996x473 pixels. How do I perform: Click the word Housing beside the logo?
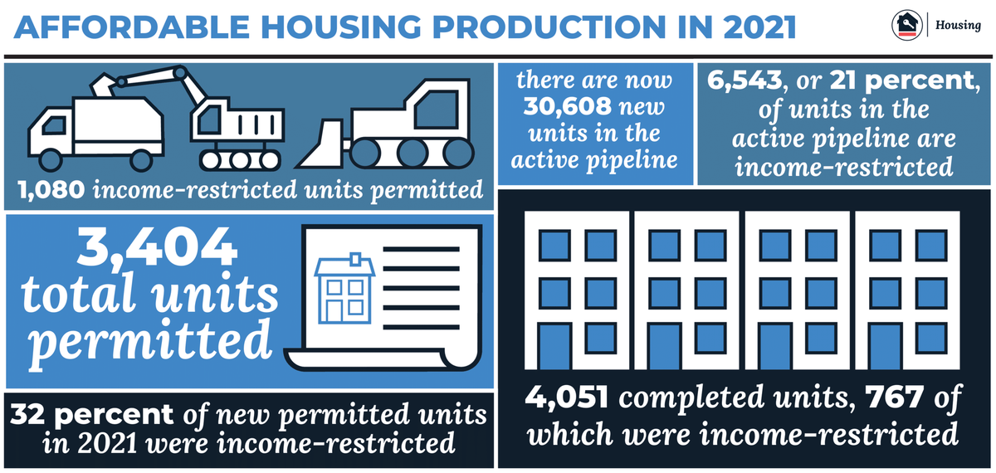958,26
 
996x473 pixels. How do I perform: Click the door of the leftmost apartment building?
554,347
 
